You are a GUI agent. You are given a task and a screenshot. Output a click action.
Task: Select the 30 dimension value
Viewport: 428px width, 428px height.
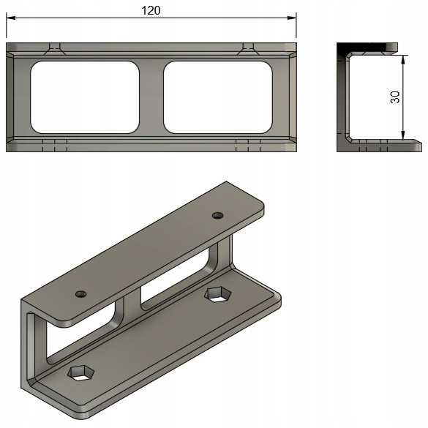click(395, 97)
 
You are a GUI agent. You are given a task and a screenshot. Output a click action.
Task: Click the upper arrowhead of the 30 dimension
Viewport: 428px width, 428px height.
click(402, 58)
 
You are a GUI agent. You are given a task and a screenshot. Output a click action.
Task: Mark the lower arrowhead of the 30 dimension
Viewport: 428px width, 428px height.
click(402, 135)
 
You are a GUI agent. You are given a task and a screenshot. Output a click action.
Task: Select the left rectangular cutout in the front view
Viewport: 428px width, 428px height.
click(84, 97)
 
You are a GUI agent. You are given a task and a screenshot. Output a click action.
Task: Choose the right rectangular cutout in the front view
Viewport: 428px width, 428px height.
click(217, 97)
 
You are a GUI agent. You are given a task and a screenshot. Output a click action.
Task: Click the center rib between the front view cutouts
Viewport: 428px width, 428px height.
click(151, 97)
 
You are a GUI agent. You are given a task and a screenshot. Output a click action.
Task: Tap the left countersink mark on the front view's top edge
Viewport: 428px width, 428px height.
click(55, 49)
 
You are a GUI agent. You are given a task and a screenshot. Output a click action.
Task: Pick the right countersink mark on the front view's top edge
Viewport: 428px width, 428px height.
click(249, 49)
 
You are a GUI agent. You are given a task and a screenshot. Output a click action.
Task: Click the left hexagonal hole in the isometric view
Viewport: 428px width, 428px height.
click(80, 373)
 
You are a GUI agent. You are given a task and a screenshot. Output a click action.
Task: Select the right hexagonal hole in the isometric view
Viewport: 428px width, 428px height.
click(217, 294)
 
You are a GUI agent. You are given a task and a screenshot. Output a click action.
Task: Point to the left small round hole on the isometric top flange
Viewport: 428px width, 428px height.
click(80, 294)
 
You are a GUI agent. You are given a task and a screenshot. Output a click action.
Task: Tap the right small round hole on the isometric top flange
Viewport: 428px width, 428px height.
click(217, 215)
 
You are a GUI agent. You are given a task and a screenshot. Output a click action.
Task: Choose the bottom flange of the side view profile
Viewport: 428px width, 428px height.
click(380, 146)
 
